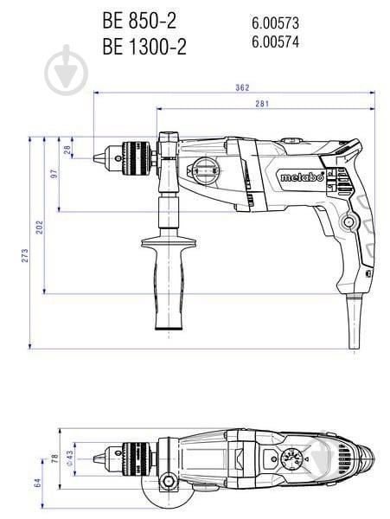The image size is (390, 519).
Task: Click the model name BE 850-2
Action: tap(138, 16)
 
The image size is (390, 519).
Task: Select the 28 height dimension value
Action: tap(68, 150)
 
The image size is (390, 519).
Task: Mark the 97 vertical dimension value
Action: tap(54, 174)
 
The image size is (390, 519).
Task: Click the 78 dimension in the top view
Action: tap(53, 457)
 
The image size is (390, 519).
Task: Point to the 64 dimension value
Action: tap(38, 483)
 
